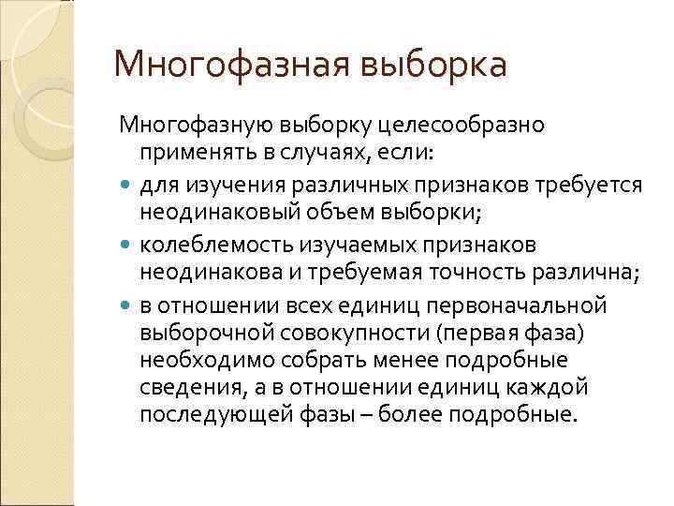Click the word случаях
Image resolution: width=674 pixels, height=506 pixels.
[327, 152]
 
